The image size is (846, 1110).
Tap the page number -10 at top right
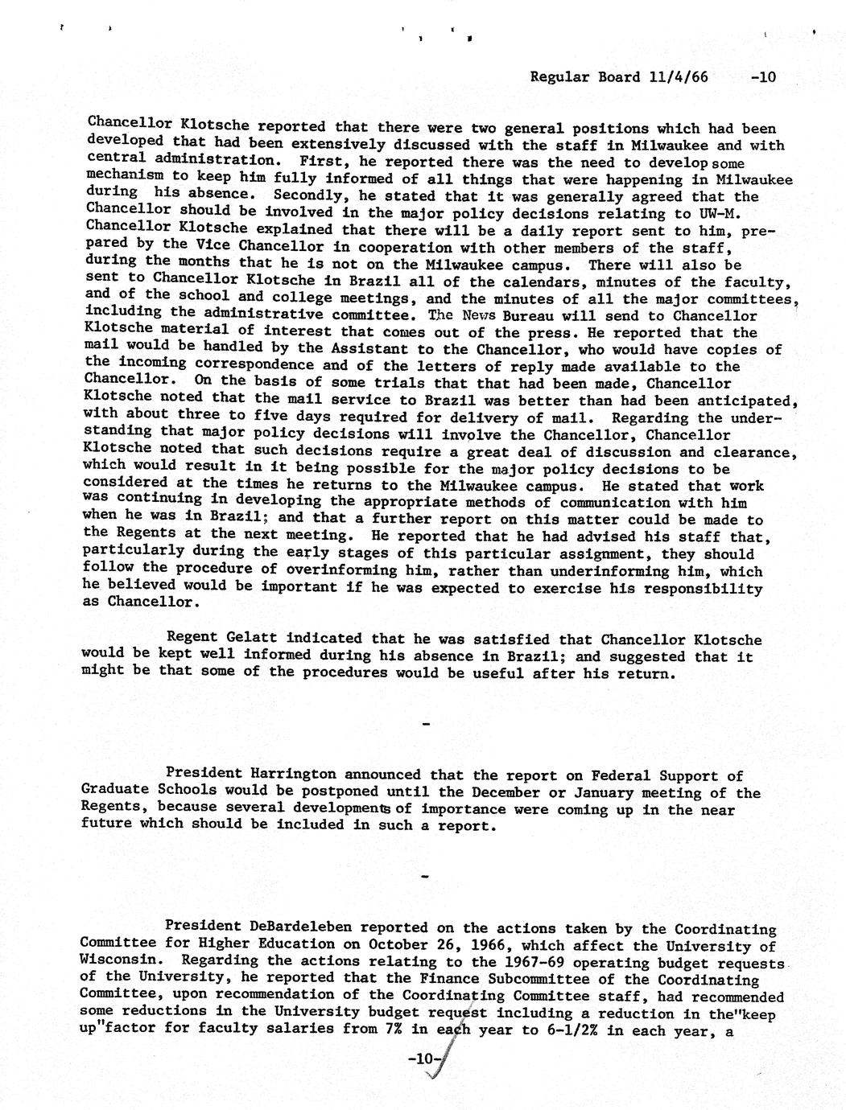pyautogui.click(x=761, y=77)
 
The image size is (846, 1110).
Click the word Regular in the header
pyautogui.click(x=559, y=77)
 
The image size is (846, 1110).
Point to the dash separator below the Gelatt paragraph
pyautogui.click(x=425, y=725)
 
